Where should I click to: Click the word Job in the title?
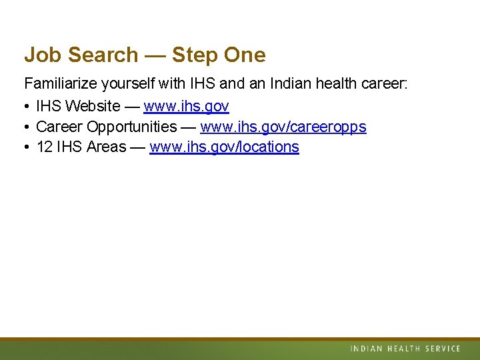point(41,55)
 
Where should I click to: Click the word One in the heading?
point(245,55)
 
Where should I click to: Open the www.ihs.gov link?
point(186,106)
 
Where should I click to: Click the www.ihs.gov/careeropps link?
point(283,127)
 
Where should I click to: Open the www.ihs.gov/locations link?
point(224,147)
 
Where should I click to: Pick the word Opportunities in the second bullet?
point(132,127)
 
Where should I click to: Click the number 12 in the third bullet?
point(44,147)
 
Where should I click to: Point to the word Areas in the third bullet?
point(106,147)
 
